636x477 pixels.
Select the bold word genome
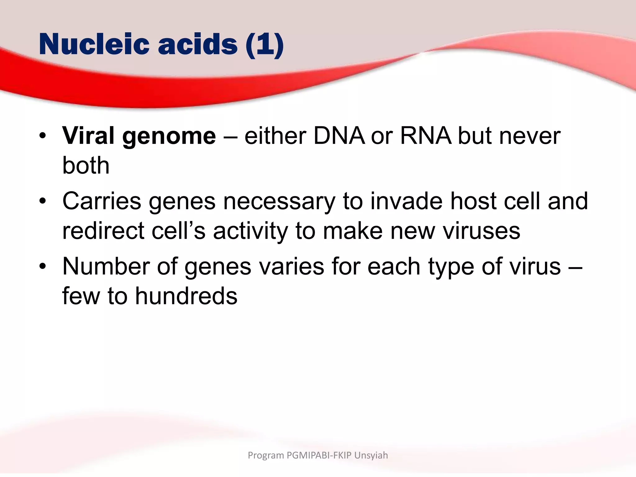(x=169, y=137)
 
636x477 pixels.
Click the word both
(x=86, y=165)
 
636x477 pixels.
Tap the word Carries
(x=102, y=201)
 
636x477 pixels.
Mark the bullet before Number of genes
(x=43, y=266)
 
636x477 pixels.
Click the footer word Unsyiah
(x=371, y=455)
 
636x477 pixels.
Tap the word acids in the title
(x=198, y=44)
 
